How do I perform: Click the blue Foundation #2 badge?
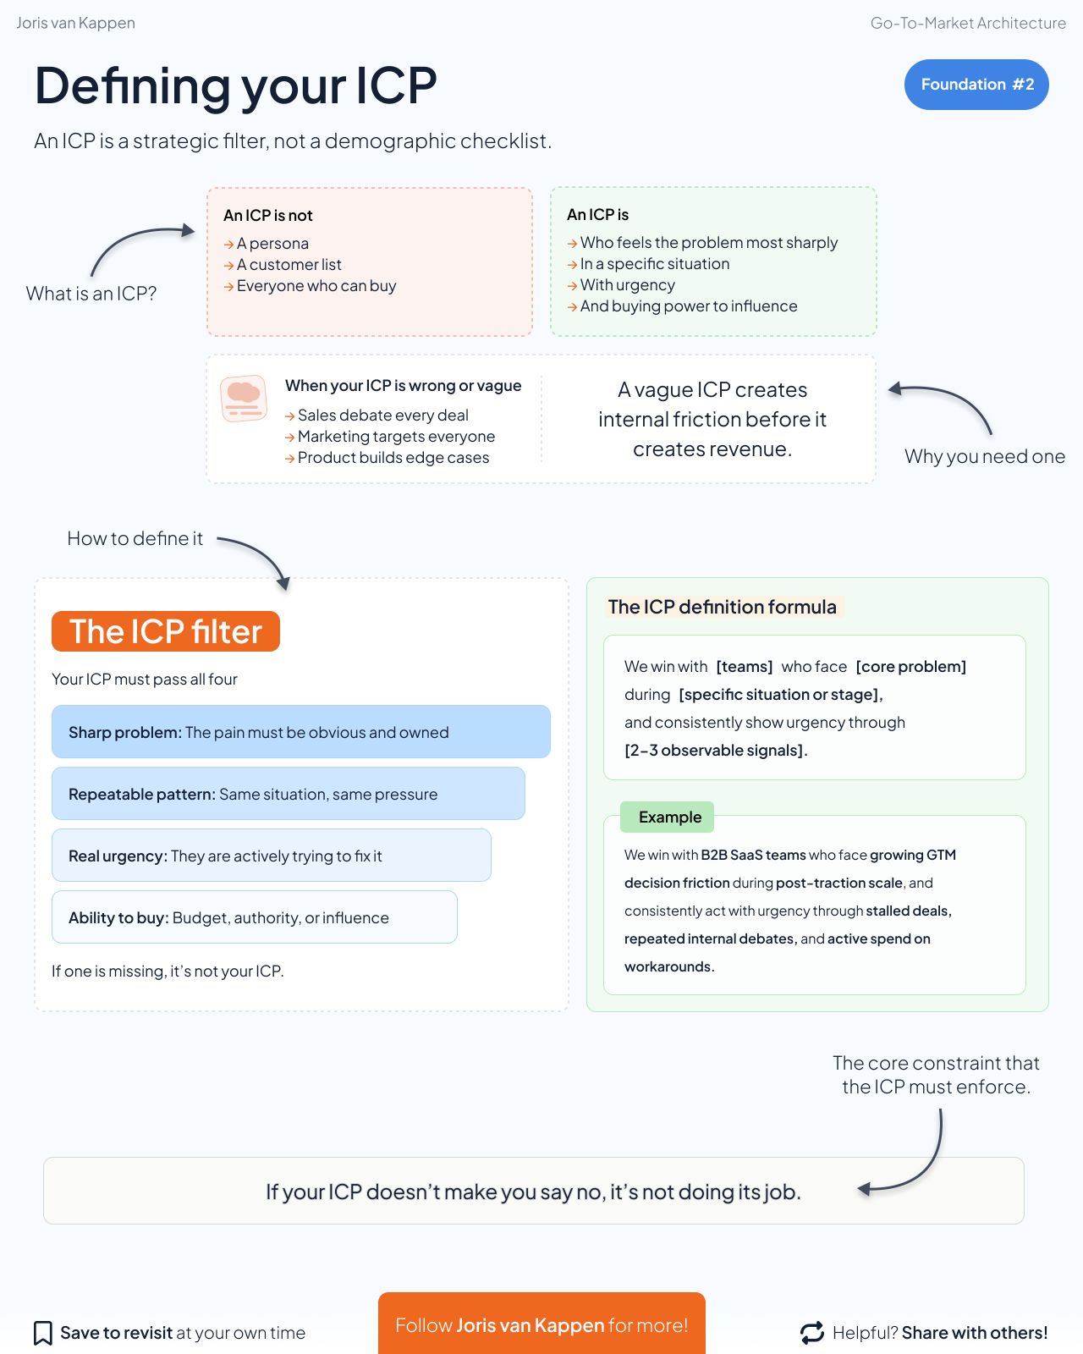click(x=976, y=85)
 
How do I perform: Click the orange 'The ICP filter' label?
click(x=166, y=631)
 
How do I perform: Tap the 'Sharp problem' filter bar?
click(x=300, y=732)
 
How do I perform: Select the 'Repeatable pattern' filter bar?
click(x=288, y=794)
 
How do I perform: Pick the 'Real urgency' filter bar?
click(x=271, y=856)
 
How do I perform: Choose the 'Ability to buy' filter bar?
click(x=254, y=917)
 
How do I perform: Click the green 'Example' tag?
click(x=668, y=817)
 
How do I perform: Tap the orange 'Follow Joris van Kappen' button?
click(x=541, y=1324)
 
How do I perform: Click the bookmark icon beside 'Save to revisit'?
click(x=42, y=1333)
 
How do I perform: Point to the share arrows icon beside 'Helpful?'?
click(x=812, y=1333)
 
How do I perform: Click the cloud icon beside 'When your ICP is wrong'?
click(x=244, y=399)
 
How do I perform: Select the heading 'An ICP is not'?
click(x=268, y=216)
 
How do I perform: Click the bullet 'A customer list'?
click(x=289, y=265)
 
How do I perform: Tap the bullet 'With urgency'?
click(x=628, y=285)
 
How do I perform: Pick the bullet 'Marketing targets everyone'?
click(x=396, y=437)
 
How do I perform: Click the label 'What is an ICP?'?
click(x=91, y=294)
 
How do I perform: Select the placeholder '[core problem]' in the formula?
click(x=911, y=667)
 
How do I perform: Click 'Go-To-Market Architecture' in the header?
click(x=968, y=24)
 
